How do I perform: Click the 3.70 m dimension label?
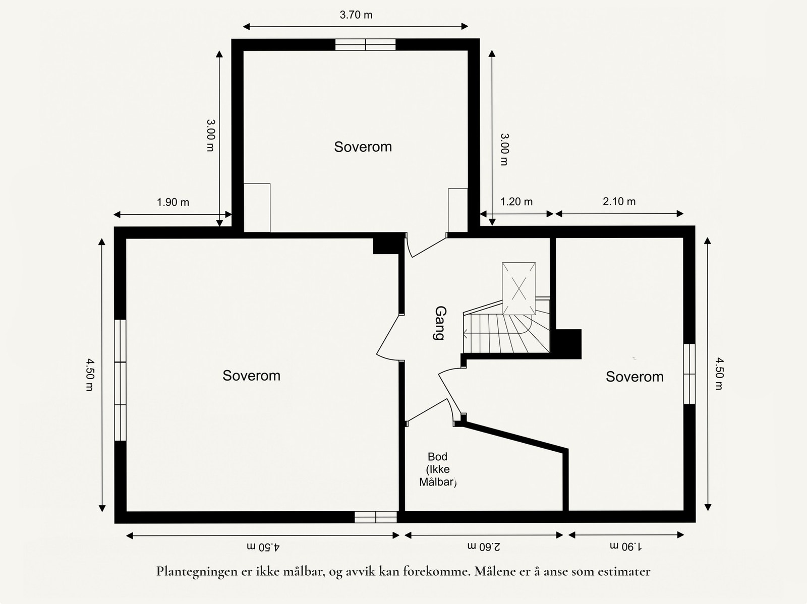pyautogui.click(x=356, y=15)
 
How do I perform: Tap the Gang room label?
pyautogui.click(x=439, y=323)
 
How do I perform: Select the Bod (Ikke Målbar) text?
pyautogui.click(x=437, y=469)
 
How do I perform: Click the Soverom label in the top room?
pyautogui.click(x=363, y=147)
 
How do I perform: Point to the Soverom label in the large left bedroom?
pyautogui.click(x=251, y=376)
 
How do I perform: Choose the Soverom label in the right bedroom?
pyautogui.click(x=635, y=377)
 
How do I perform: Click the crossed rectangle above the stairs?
pyautogui.click(x=518, y=288)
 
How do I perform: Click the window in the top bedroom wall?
pyautogui.click(x=366, y=45)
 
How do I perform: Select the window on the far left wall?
pyautogui.click(x=120, y=380)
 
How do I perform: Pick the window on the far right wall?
pyautogui.click(x=689, y=374)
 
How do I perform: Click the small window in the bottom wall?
pyautogui.click(x=376, y=517)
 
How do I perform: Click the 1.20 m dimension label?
pyautogui.click(x=516, y=202)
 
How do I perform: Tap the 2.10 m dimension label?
pyautogui.click(x=619, y=202)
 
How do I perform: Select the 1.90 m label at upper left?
pyautogui.click(x=173, y=202)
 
